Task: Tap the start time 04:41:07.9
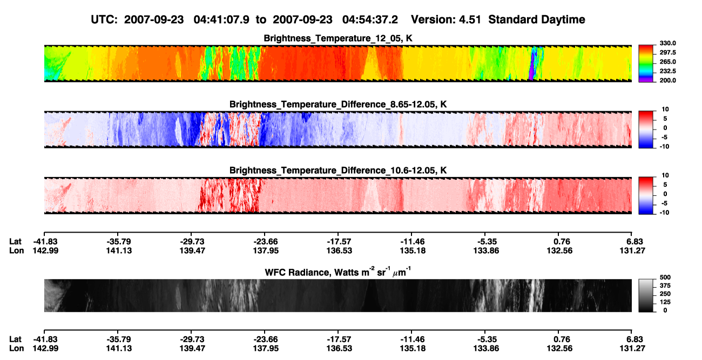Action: coord(221,20)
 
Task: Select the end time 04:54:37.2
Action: coord(370,20)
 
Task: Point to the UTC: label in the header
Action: coord(104,20)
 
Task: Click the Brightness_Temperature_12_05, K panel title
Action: coord(338,38)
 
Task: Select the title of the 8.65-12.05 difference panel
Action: coord(338,104)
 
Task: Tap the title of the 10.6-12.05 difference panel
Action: coord(338,171)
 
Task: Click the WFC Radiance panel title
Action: coord(338,272)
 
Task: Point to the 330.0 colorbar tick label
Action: coord(667,43)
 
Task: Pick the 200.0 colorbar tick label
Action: coord(667,80)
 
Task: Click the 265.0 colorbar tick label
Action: coord(667,62)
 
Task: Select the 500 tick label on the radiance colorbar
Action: coord(665,277)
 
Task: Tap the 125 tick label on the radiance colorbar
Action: coord(665,302)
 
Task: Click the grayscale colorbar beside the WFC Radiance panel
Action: coord(646,295)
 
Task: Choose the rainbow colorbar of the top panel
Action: coord(646,64)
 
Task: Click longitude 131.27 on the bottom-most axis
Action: coord(632,349)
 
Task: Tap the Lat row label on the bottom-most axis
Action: coord(15,339)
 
